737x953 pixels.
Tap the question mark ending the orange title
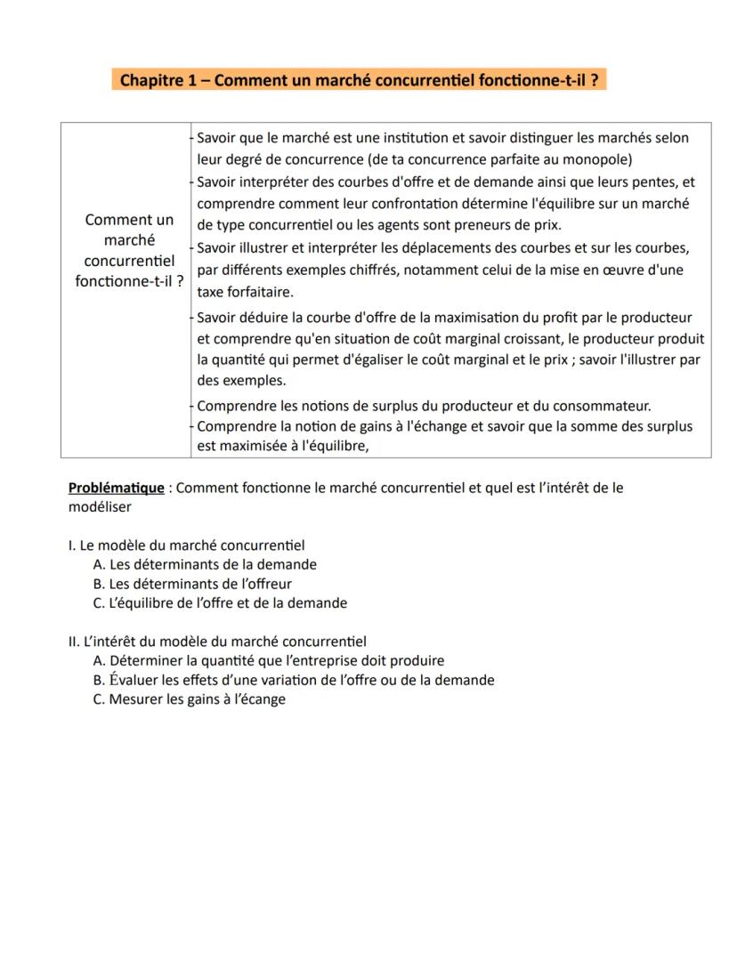point(594,80)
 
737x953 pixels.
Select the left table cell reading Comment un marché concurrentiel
point(125,250)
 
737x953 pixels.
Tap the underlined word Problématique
point(116,489)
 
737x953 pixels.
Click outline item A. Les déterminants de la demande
point(205,564)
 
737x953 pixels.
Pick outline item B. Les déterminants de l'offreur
point(192,584)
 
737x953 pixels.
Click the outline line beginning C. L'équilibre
point(220,603)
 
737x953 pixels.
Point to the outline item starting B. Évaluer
point(294,680)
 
